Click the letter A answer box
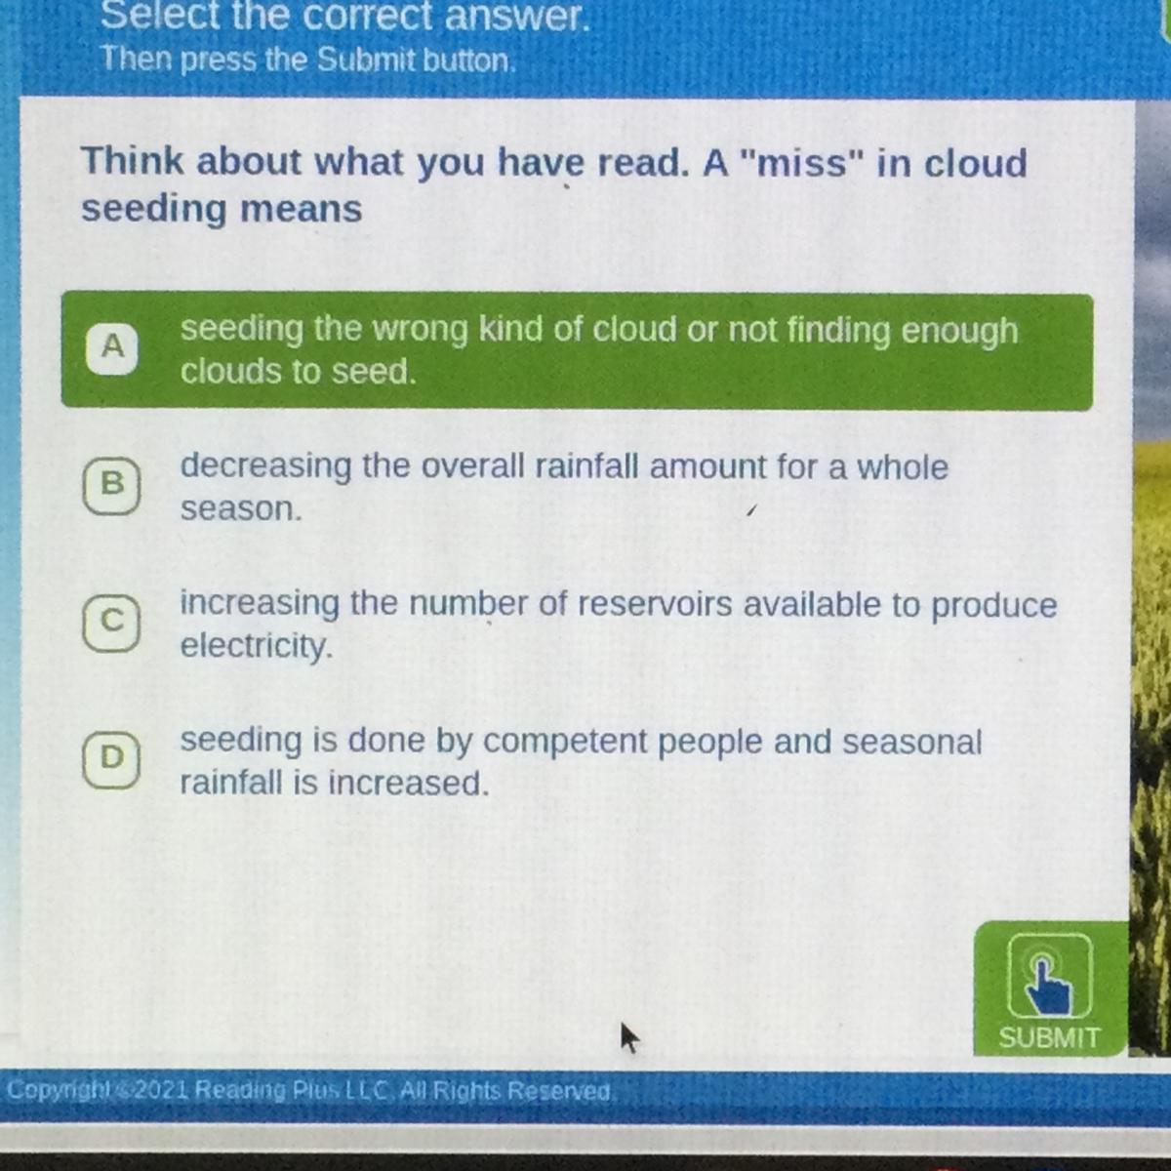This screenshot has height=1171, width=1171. pyautogui.click(x=112, y=347)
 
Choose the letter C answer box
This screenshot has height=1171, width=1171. pyautogui.click(x=112, y=623)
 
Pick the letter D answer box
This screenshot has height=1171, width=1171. pyautogui.click(x=112, y=759)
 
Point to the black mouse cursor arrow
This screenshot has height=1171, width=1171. pyautogui.click(x=629, y=1037)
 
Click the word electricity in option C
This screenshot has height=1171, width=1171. pyautogui.click(x=257, y=646)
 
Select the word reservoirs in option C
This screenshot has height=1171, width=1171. pyautogui.click(x=655, y=605)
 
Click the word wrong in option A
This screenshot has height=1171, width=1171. pyautogui.click(x=420, y=330)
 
